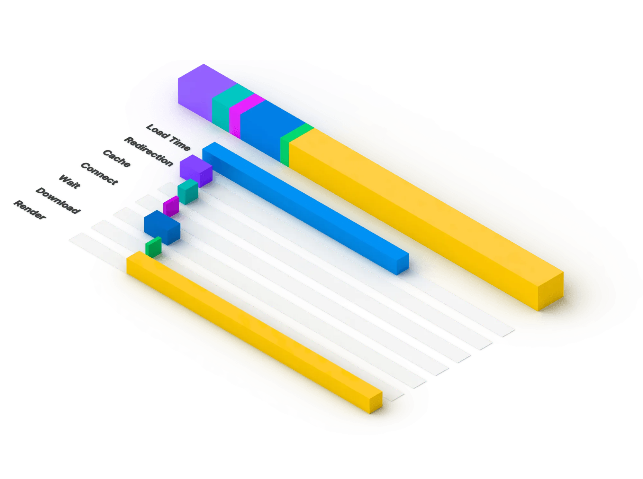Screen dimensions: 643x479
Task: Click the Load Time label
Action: [168, 137]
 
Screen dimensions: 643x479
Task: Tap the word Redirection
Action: [149, 151]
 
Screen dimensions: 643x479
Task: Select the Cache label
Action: [116, 158]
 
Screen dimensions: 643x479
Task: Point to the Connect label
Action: [99, 174]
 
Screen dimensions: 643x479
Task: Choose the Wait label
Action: [69, 182]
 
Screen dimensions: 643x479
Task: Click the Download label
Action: [58, 200]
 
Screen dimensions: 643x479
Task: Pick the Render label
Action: [30, 210]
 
